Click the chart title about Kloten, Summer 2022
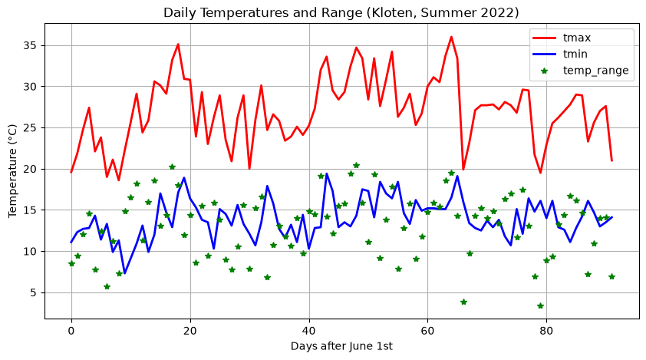341,12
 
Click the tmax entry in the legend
577,38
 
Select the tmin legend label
575,54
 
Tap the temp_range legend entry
595,71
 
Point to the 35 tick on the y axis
31,45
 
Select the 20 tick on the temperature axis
31,169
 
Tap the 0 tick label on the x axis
71,331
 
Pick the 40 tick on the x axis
309,331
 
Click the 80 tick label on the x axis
546,331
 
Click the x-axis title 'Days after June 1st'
341,346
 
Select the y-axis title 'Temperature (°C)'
12,170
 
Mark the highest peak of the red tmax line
452,37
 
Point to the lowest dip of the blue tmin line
125,273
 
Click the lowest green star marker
541,306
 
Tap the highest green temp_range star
356,165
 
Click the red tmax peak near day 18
178,44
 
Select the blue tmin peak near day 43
327,173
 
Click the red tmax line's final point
611,161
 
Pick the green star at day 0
71,263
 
